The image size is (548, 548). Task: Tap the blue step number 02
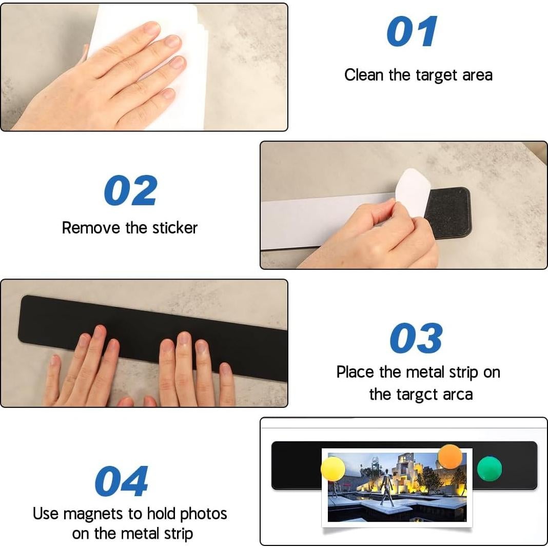click(x=130, y=190)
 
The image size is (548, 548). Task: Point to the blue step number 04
click(x=121, y=481)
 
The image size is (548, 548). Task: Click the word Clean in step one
click(x=363, y=75)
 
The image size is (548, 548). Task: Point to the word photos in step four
click(x=203, y=514)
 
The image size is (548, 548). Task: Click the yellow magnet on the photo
click(x=332, y=469)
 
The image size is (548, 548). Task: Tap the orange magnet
click(x=450, y=457)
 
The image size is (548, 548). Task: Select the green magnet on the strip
click(x=490, y=468)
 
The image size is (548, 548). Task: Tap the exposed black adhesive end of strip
click(x=449, y=213)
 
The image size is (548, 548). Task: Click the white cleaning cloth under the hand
click(x=150, y=63)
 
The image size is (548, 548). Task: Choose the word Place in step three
click(x=355, y=372)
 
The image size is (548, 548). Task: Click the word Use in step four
click(x=46, y=514)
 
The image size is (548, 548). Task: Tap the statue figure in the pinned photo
click(x=387, y=490)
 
